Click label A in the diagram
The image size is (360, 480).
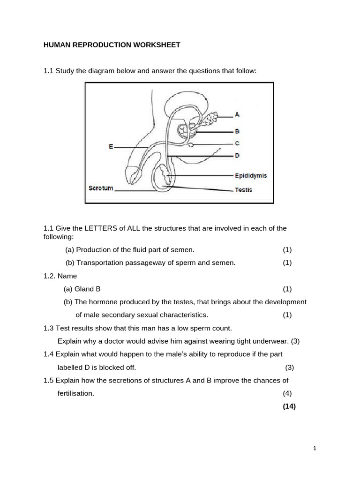(x=237, y=114)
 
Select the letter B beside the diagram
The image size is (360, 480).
(x=237, y=132)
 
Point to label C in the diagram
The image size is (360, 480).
(x=237, y=143)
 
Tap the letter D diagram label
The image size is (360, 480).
(x=237, y=155)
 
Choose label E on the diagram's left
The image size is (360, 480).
(x=111, y=147)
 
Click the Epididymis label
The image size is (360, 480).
(x=251, y=175)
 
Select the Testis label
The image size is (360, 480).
(x=243, y=190)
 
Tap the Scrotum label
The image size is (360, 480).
(x=101, y=188)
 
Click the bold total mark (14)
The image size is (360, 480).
(x=289, y=406)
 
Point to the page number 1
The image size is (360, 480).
(x=315, y=449)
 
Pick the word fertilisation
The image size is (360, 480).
(x=76, y=393)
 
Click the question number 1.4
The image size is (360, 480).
(x=49, y=354)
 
